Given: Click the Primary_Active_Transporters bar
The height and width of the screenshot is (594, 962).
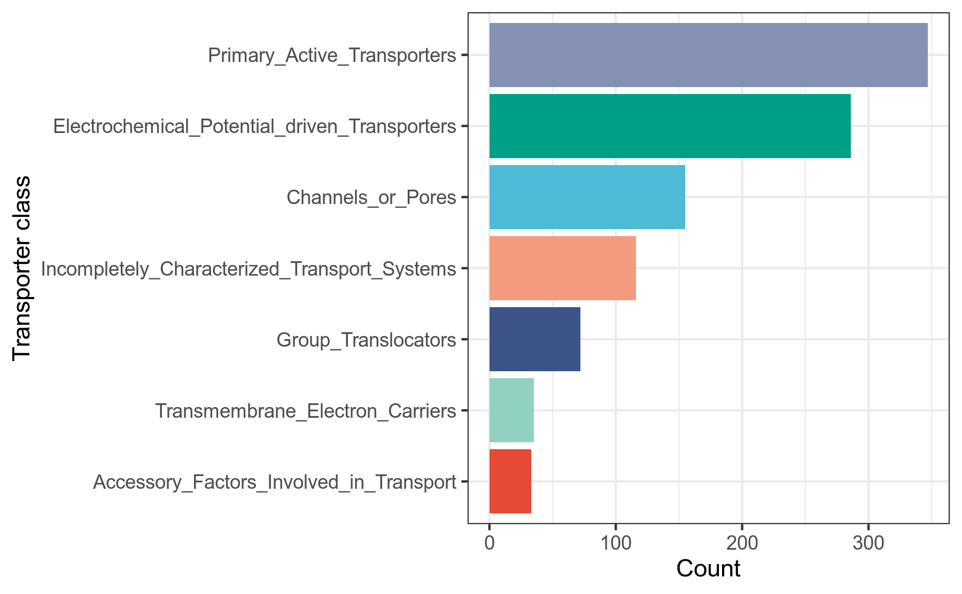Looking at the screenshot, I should click(x=708, y=55).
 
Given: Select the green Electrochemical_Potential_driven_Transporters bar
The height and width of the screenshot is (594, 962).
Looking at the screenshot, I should click(x=670, y=126).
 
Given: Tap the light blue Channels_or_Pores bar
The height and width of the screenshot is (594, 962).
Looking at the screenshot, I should click(x=587, y=197).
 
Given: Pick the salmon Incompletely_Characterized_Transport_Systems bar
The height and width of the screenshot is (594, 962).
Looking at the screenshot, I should click(x=562, y=268).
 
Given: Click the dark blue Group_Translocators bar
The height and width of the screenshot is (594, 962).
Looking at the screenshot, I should click(x=534, y=339).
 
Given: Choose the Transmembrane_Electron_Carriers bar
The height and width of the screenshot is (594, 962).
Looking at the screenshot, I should click(x=511, y=410).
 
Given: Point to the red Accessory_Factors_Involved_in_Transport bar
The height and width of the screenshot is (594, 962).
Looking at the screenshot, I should click(x=510, y=481).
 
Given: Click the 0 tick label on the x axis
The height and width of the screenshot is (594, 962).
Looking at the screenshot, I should click(x=489, y=543).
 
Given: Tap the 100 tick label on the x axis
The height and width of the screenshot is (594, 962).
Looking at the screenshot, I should click(x=616, y=543).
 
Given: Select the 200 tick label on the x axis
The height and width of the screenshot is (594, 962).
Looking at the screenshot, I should click(x=742, y=543).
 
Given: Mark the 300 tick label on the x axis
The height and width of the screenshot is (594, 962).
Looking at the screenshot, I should click(x=868, y=543).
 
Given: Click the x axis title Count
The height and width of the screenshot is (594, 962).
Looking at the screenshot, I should click(x=708, y=569).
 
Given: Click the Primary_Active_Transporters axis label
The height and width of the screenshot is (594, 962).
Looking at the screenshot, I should click(x=332, y=55).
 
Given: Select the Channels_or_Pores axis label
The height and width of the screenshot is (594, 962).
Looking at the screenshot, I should click(x=371, y=197).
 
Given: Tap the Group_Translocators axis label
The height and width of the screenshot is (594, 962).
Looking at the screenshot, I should click(x=366, y=339).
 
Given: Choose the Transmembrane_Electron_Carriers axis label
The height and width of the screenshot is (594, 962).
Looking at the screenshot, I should click(x=305, y=410).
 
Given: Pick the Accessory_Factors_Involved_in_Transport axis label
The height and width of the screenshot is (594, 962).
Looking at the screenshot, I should click(x=275, y=481).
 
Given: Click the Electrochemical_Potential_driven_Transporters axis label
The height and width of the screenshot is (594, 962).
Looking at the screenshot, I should click(x=254, y=126).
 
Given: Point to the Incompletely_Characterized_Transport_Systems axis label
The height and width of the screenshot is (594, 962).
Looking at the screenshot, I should click(x=249, y=268).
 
